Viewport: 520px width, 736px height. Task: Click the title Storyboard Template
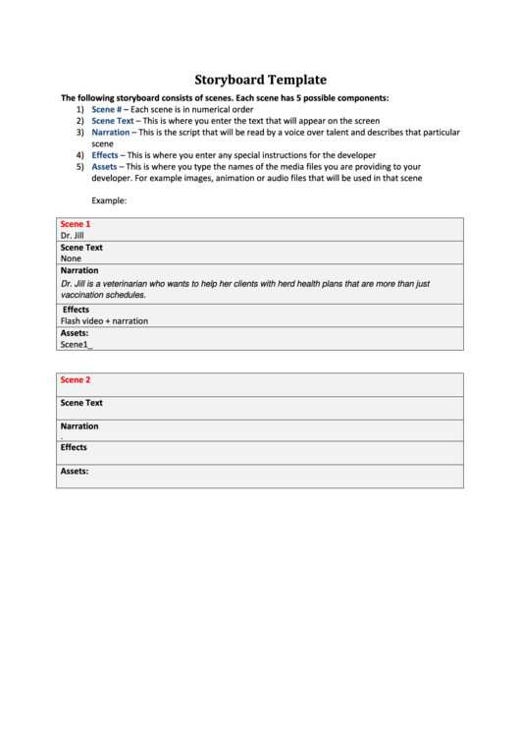point(260,80)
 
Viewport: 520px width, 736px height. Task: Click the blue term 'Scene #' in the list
point(107,109)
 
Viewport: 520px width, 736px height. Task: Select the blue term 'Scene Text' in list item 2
point(112,121)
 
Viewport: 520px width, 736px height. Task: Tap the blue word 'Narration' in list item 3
point(110,132)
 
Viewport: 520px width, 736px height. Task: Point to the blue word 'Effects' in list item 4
point(105,155)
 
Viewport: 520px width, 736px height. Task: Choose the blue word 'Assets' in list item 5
point(104,167)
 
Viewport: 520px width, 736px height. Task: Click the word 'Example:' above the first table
point(109,200)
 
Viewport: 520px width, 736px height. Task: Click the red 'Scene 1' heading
point(75,224)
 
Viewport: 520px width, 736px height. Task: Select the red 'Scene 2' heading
point(75,379)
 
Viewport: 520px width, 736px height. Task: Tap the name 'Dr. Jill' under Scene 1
point(72,236)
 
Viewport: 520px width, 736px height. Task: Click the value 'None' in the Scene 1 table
point(71,258)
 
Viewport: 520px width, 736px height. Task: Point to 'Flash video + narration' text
point(104,320)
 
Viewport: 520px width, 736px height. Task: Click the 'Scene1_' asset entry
point(76,345)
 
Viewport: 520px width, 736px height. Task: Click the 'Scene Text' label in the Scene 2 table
point(81,403)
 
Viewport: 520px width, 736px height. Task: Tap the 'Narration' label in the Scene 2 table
point(79,426)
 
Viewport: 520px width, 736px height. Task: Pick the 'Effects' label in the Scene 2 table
point(74,447)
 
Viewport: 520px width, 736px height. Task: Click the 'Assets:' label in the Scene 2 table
point(75,471)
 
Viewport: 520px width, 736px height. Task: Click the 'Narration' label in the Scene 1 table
point(79,270)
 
